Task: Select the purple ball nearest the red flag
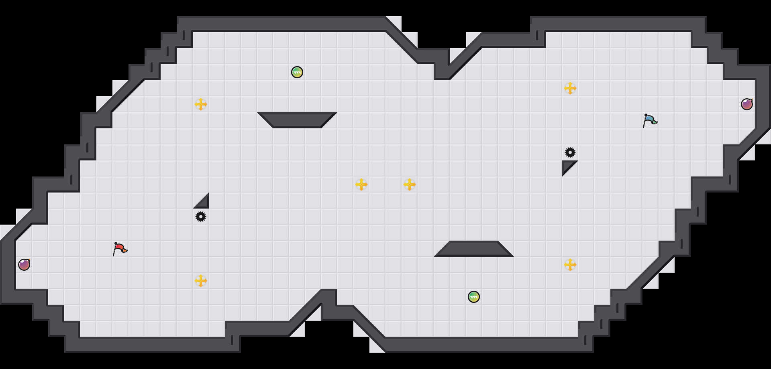24,265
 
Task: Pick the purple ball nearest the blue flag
747,104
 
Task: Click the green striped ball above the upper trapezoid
297,72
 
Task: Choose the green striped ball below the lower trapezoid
474,297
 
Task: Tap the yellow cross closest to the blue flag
570,88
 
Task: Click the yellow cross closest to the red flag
201,281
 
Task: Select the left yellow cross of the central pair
361,184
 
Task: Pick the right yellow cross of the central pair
410,184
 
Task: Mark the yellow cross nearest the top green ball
201,104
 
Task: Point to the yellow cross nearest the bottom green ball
570,265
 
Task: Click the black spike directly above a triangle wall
570,152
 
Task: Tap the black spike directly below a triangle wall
201,217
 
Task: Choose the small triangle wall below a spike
567,165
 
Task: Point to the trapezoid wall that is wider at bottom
474,249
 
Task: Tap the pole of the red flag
114,251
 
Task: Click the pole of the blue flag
645,123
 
